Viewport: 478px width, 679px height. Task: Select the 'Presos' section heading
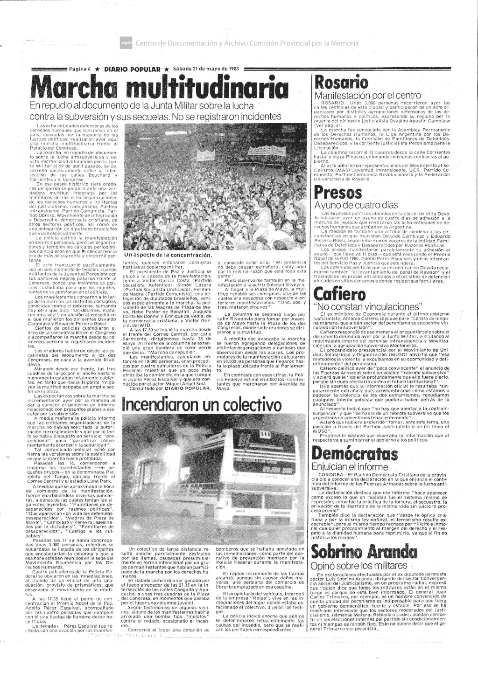(338, 193)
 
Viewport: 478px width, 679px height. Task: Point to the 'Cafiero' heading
(340, 294)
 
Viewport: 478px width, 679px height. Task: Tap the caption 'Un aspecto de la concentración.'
(169, 255)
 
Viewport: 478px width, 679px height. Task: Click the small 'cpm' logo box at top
(127, 43)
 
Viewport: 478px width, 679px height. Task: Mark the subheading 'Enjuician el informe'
(350, 467)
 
